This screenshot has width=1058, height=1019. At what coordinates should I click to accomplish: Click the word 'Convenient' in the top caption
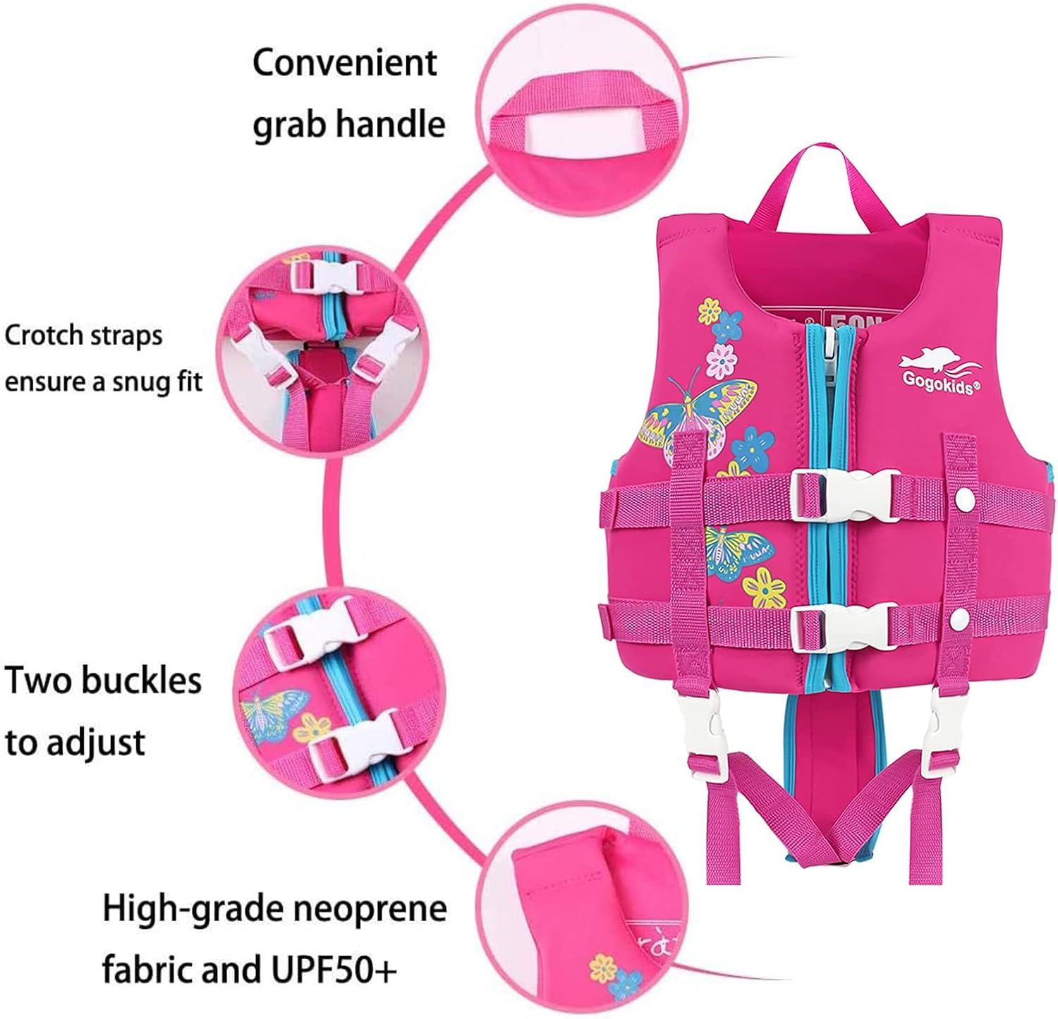coord(345,63)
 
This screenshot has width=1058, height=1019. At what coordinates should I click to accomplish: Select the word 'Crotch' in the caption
coord(43,335)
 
